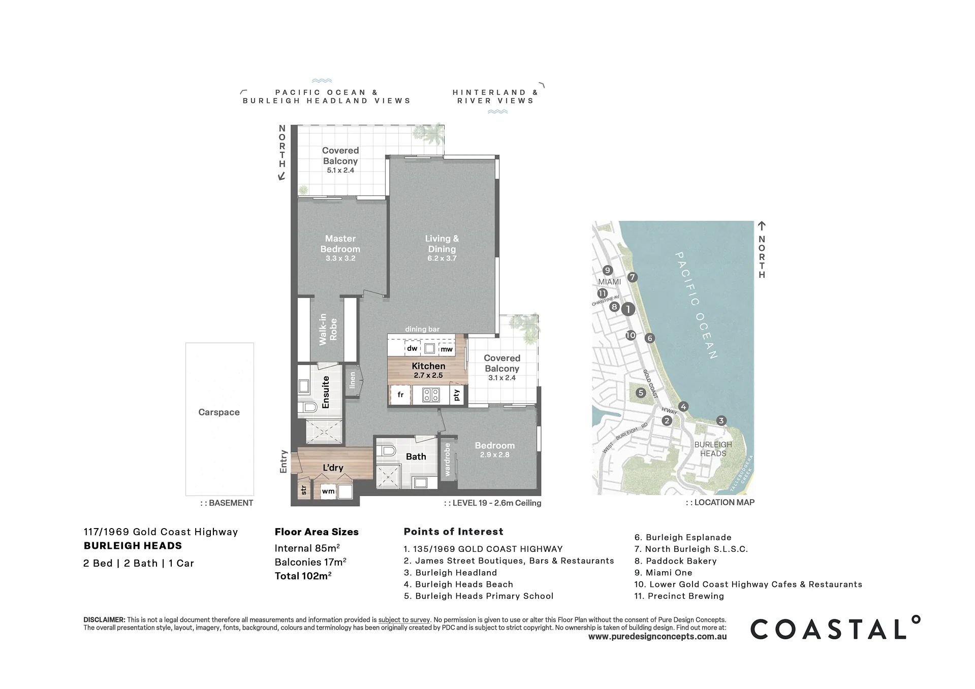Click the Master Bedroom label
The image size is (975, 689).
click(x=340, y=244)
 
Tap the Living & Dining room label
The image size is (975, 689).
click(x=442, y=244)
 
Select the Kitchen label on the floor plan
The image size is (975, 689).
click(x=428, y=366)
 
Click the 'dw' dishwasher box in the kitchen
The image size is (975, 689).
click(x=412, y=348)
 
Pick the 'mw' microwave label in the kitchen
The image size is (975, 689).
click(x=447, y=349)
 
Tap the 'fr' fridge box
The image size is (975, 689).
click(x=400, y=395)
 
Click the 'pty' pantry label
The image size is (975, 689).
click(x=457, y=395)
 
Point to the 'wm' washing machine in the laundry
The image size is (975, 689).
click(x=328, y=491)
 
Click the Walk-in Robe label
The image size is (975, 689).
click(x=328, y=330)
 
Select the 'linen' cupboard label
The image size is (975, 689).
click(x=353, y=381)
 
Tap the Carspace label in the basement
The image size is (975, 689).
click(x=219, y=412)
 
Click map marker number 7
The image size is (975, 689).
click(x=632, y=277)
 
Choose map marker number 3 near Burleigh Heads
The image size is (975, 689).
click(x=721, y=420)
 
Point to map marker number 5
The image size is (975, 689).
click(x=641, y=392)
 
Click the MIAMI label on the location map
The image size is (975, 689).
click(x=610, y=282)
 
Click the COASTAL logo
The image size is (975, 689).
click(x=835, y=628)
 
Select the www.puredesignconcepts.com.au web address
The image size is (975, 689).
click(x=657, y=637)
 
